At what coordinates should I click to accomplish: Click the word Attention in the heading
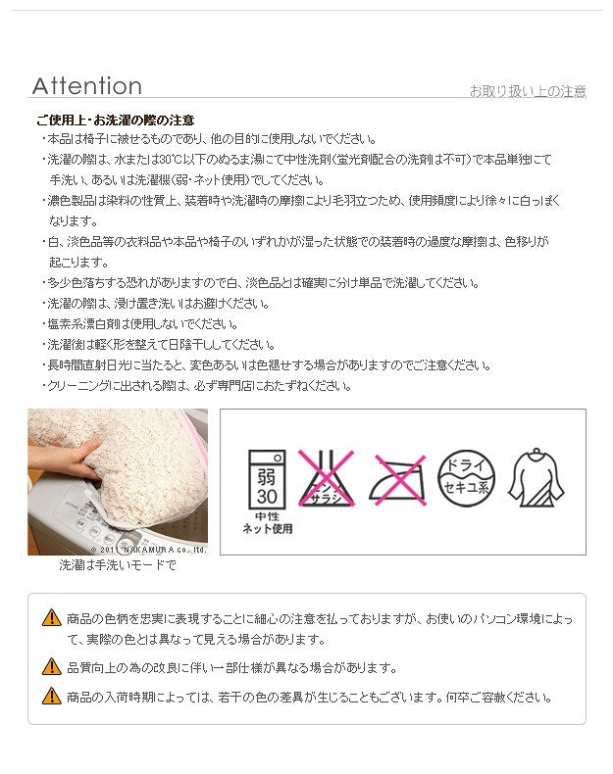(x=87, y=86)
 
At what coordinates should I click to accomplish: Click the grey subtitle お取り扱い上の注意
(x=528, y=91)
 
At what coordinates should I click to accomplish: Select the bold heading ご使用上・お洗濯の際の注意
(x=115, y=120)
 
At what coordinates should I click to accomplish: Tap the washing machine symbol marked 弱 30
(x=267, y=479)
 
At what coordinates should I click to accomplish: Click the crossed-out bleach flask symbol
(x=326, y=478)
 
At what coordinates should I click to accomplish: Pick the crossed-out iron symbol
(x=397, y=480)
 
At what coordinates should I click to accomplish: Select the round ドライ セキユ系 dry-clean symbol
(x=466, y=478)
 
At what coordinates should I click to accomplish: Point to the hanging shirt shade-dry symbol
(x=536, y=477)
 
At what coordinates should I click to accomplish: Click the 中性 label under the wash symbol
(x=267, y=516)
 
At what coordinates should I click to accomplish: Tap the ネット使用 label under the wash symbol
(x=267, y=529)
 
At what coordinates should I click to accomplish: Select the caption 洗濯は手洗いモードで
(x=118, y=564)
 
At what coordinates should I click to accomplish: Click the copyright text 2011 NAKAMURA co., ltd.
(x=148, y=550)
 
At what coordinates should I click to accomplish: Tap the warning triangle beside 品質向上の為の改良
(x=51, y=667)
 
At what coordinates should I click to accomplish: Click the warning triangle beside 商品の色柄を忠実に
(x=51, y=617)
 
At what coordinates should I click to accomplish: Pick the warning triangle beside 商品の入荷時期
(x=51, y=696)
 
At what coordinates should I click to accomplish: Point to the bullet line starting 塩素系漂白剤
(x=140, y=324)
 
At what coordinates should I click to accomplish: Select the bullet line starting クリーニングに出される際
(x=196, y=386)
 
